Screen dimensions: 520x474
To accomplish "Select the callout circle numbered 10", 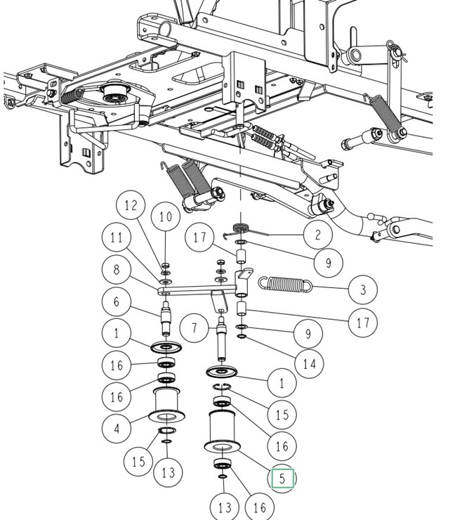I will click(165, 216).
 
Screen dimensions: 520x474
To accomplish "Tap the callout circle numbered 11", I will click(117, 238).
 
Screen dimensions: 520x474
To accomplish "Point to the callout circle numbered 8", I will click(117, 270).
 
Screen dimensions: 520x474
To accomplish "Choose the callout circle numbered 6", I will click(117, 302).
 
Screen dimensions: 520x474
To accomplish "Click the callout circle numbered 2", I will click(317, 235).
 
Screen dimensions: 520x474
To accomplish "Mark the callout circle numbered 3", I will click(362, 290).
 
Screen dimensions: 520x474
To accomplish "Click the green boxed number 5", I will click(282, 479).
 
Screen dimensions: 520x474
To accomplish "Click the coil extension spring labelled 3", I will click(284, 283).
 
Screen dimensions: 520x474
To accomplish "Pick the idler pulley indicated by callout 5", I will click(220, 431).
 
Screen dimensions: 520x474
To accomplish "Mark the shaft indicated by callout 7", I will click(222, 335).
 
